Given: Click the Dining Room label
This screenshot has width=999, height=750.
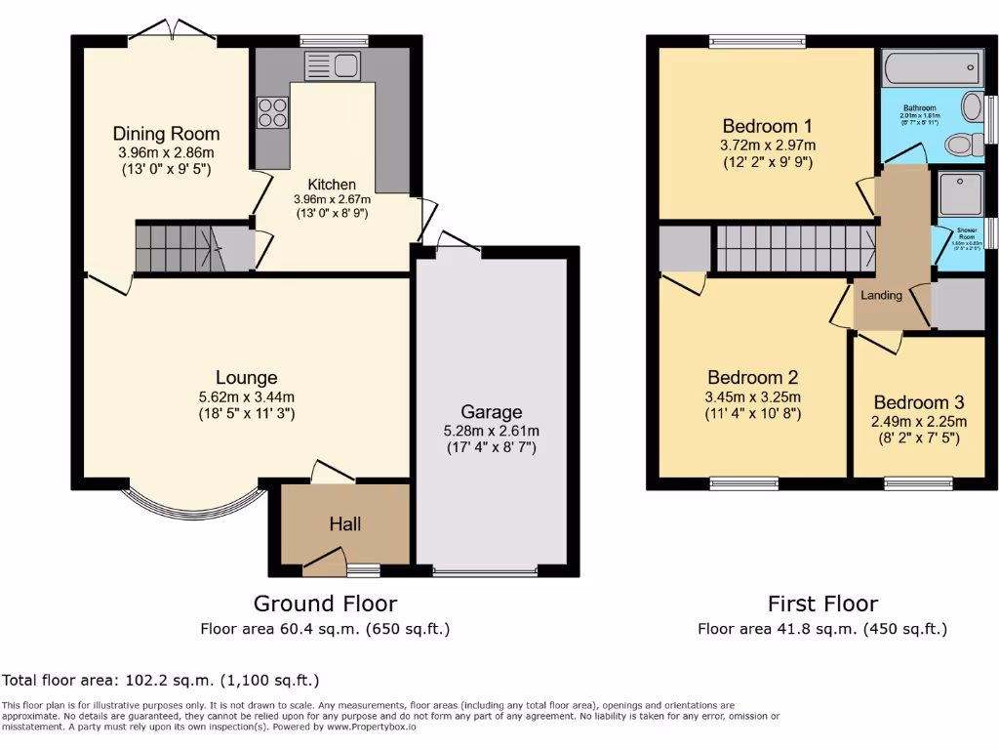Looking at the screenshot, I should pyautogui.click(x=166, y=134).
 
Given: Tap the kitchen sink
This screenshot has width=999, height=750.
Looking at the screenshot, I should pyautogui.click(x=334, y=66).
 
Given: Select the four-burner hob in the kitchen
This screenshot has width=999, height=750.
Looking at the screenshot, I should pyautogui.click(x=273, y=112).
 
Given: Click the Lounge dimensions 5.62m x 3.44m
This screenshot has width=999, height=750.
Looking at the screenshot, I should pyautogui.click(x=247, y=396).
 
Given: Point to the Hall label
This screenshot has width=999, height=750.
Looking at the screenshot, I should pyautogui.click(x=344, y=524).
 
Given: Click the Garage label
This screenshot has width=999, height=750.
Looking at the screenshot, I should pyautogui.click(x=492, y=412).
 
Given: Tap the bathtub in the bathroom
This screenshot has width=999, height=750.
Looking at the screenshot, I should pyautogui.click(x=930, y=70).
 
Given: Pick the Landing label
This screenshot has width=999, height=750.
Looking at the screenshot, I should pyautogui.click(x=881, y=295).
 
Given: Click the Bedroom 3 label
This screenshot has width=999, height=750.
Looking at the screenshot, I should pyautogui.click(x=918, y=402).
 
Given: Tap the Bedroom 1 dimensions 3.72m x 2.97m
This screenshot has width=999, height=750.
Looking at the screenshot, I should pyautogui.click(x=767, y=146).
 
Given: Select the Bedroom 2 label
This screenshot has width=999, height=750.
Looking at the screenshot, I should pyautogui.click(x=752, y=378).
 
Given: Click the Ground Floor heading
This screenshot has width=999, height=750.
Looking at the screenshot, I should pyautogui.click(x=325, y=604).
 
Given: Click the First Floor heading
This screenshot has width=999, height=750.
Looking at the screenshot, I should pyautogui.click(x=822, y=604).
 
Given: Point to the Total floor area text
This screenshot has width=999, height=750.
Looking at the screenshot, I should pyautogui.click(x=161, y=680).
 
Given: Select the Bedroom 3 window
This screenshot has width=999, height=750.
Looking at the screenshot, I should pyautogui.click(x=918, y=481).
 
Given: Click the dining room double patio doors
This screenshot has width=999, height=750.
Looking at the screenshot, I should pyautogui.click(x=173, y=31).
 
